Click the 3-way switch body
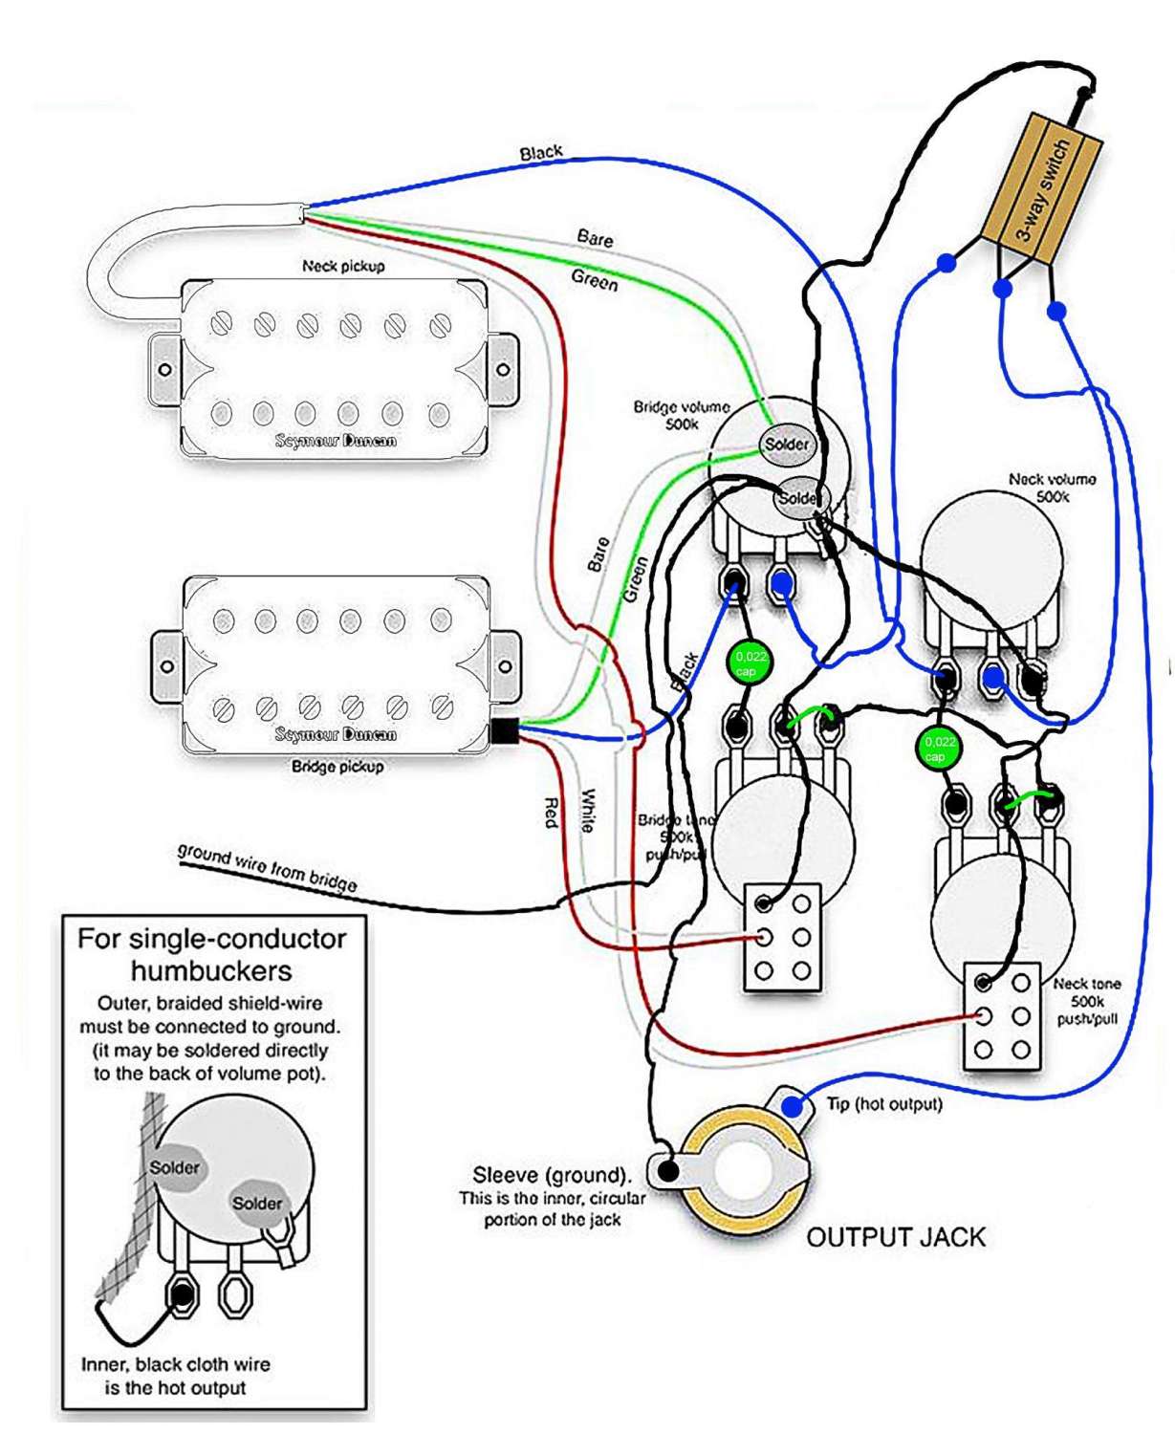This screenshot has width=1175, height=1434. click(1042, 189)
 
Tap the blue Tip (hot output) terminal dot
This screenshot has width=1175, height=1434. click(793, 1106)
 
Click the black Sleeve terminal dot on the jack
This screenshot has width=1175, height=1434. click(668, 1169)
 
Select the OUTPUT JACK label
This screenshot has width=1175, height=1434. click(896, 1237)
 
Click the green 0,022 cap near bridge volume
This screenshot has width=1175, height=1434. click(750, 663)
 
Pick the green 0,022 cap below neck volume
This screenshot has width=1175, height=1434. click(939, 748)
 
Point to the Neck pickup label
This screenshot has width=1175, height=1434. click(343, 266)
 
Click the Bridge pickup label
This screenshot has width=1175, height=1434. click(337, 767)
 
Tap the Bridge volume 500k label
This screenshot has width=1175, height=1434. click(681, 415)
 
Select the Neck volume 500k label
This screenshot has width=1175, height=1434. click(1052, 488)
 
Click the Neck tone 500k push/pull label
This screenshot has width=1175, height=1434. click(1087, 1001)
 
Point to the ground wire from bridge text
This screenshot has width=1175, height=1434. click(267, 868)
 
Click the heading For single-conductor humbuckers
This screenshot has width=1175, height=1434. click(211, 954)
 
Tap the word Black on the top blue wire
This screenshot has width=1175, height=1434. click(541, 153)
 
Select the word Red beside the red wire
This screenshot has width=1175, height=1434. click(552, 812)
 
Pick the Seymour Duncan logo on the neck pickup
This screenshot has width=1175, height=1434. click(336, 441)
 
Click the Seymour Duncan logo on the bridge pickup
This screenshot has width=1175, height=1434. click(336, 734)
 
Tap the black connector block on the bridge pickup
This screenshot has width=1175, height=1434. click(504, 731)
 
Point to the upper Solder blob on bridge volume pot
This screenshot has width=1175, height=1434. click(786, 445)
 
